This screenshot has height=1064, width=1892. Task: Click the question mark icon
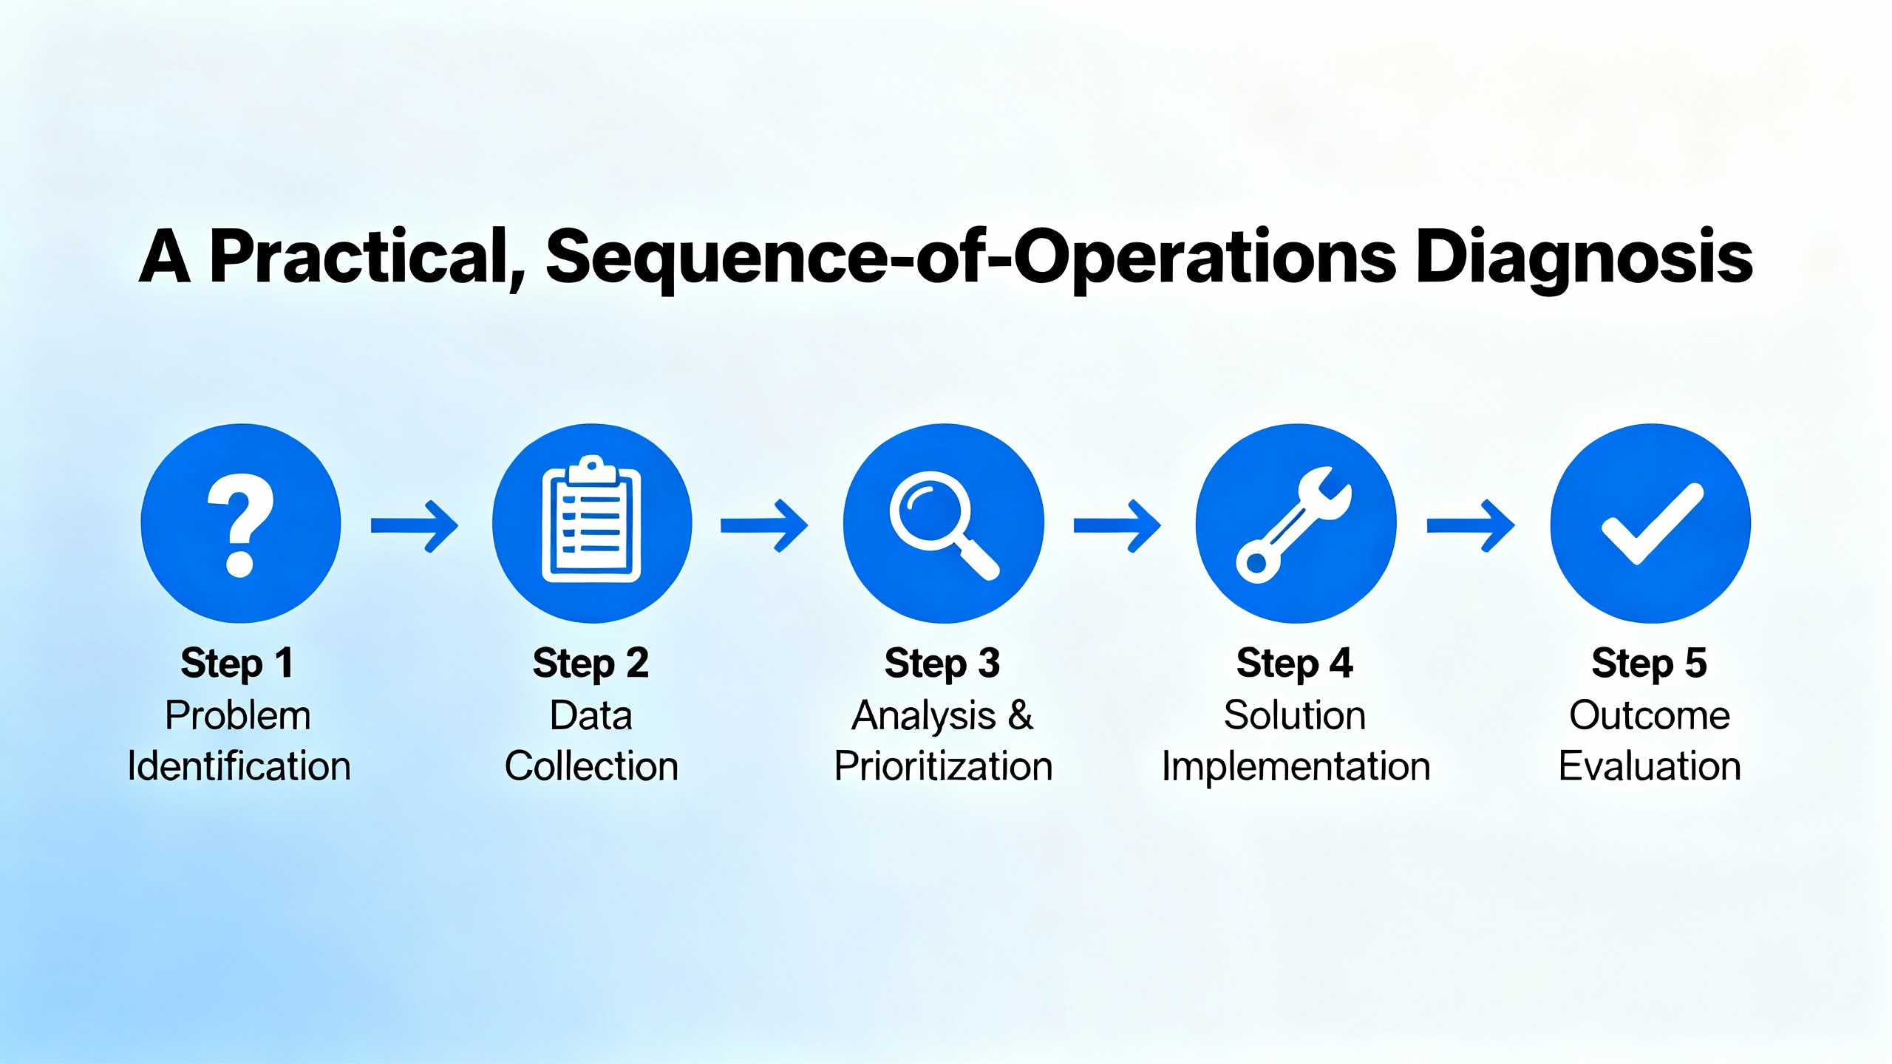(240, 524)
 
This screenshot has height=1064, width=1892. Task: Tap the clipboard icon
(591, 522)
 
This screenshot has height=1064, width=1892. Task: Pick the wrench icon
(1295, 524)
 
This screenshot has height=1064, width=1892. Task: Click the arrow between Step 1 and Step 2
(415, 525)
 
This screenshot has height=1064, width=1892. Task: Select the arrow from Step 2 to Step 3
(764, 525)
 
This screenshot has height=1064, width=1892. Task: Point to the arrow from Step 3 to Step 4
(1117, 525)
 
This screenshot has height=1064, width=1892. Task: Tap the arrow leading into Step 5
(1470, 525)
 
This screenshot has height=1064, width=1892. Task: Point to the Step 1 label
(237, 663)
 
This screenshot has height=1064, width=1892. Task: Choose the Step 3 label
(942, 663)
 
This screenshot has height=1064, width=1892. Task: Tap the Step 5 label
(1649, 663)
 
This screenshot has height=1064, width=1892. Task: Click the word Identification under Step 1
(239, 766)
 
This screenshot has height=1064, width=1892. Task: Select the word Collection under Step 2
(591, 766)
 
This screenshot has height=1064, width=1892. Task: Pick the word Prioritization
(943, 766)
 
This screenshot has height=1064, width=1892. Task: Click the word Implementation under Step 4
(1296, 766)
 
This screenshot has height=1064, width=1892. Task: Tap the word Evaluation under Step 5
(1650, 766)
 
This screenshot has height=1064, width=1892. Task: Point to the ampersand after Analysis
(1020, 715)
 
